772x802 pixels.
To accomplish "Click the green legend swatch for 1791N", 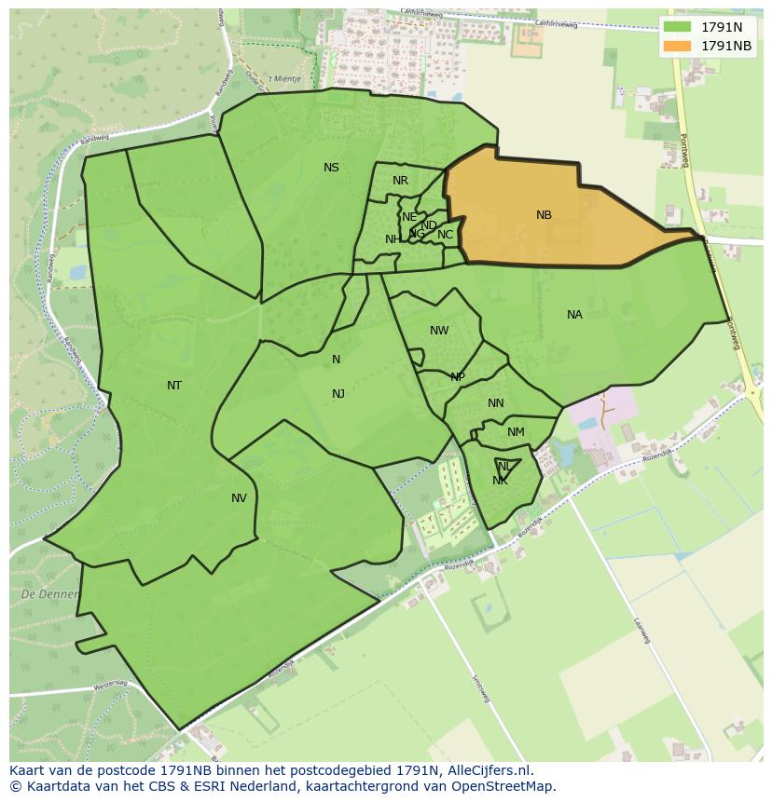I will point(677,27).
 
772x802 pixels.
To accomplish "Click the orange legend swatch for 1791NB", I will point(677,46).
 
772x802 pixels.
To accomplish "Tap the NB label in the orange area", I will point(544,215).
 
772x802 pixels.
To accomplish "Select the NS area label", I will point(331,168).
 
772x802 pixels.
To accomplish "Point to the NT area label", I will point(174,386).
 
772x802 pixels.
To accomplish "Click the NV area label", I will point(240,498).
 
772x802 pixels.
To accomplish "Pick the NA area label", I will point(574,315).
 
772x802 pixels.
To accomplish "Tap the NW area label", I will point(439,331).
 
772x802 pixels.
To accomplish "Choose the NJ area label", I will point(338,394).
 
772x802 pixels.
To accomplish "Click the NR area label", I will point(400,181).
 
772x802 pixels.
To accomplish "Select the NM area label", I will point(516,432).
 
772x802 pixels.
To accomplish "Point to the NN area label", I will point(495,403).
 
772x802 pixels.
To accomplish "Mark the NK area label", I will point(501,481).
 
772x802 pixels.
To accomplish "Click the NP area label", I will point(458,377).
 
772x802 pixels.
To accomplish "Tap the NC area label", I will point(445,235).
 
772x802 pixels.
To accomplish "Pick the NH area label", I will point(393,239).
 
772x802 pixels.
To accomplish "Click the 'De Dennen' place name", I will point(41,593).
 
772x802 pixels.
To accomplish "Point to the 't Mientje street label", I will point(284,79).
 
